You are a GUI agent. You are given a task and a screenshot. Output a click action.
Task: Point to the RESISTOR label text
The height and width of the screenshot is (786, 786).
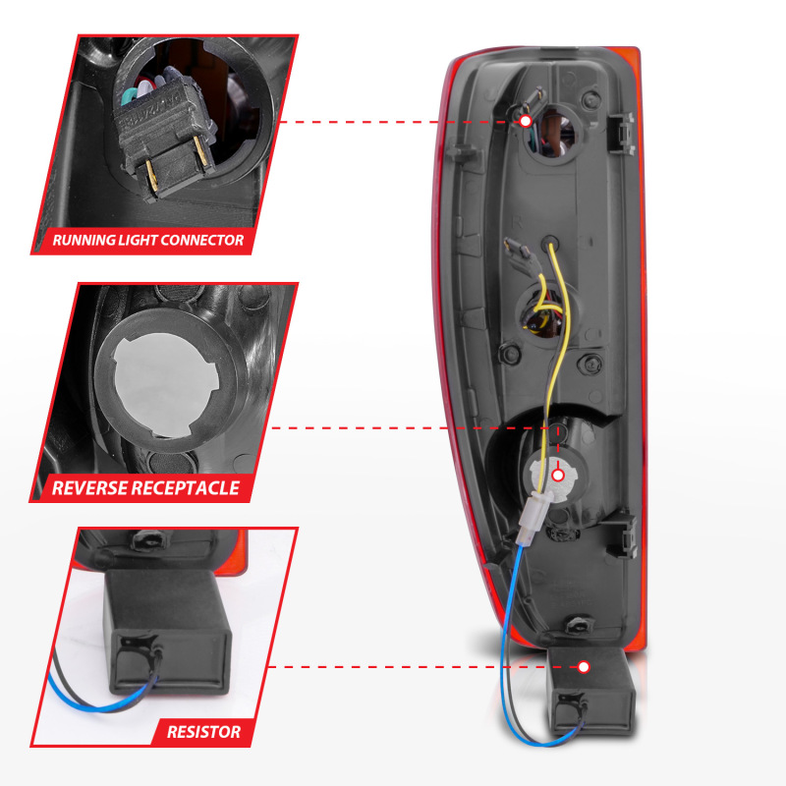203,732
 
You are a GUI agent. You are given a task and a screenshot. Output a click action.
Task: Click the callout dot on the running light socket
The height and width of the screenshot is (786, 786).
526,121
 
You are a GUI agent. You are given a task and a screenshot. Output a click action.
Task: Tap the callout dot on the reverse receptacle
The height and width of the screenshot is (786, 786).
558,476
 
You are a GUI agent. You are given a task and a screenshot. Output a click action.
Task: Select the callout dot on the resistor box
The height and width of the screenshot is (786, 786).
584,667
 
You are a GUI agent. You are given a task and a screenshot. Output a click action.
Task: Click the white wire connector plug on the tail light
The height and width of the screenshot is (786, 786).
533,517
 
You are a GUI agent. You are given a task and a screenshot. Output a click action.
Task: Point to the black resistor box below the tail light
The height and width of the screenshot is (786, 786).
590,691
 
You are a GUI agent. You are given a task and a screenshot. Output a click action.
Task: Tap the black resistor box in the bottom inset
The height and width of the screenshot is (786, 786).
168,633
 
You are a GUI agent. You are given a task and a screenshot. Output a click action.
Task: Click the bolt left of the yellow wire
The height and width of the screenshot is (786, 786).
510,355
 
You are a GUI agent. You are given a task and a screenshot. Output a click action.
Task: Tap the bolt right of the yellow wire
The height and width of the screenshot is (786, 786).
591,363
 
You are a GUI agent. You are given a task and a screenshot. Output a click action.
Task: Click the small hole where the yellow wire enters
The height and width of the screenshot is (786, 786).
550,243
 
